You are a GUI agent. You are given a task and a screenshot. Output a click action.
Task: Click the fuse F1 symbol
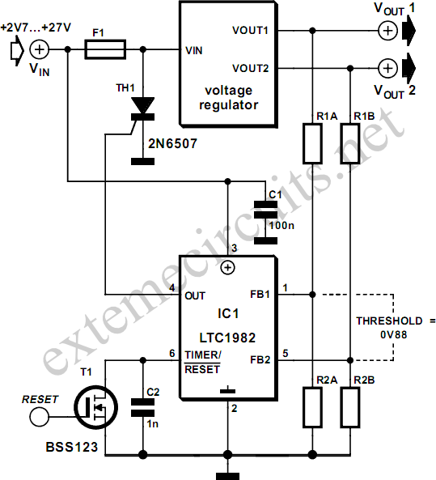pos(105,49)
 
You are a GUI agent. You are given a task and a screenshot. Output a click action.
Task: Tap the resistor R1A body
pos(312,143)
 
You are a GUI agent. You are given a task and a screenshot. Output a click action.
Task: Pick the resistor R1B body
pos(350,143)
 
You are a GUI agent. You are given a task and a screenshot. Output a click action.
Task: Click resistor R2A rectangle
pos(312,407)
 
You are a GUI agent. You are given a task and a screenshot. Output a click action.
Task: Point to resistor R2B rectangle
pos(350,407)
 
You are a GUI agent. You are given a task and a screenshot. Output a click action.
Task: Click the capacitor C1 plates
pos(265,210)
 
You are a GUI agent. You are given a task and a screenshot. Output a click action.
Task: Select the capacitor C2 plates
pos(142,407)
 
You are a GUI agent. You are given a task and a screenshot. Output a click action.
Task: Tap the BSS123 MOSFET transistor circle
pos(95,407)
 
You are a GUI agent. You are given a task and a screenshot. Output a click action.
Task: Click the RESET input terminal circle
pos(40,417)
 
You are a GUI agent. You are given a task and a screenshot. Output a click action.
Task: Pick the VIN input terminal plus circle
pos(40,49)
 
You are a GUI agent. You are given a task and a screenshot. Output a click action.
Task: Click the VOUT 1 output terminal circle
pos(388,31)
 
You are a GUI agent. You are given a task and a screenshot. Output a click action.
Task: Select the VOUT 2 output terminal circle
pos(388,68)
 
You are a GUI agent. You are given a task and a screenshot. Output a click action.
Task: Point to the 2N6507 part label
pos(173,143)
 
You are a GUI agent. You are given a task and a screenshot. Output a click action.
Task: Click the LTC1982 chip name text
pos(227,338)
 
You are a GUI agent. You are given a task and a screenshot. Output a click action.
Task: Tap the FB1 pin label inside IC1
pos(260,295)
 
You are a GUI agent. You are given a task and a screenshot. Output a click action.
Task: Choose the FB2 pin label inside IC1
pos(260,359)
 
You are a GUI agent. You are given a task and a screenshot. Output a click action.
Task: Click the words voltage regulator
pos(229,98)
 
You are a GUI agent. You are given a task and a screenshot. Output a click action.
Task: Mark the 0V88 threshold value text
pos(393,334)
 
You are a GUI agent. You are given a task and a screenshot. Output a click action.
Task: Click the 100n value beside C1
pos(281,226)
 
